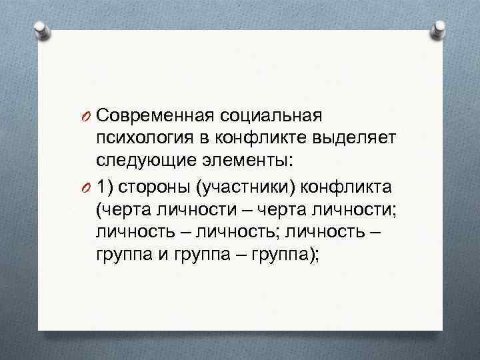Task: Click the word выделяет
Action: click(361, 138)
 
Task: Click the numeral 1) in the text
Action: click(104, 184)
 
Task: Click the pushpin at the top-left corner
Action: click(43, 29)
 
